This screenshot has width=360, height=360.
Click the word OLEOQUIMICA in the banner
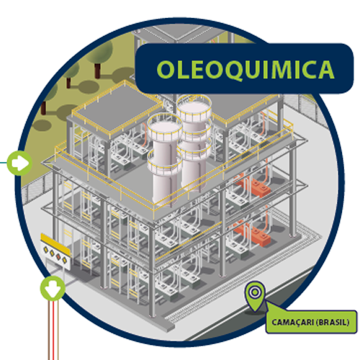tap(246, 69)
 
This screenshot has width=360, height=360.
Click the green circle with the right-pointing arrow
tap(19, 163)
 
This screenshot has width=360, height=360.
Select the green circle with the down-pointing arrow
tap(53, 288)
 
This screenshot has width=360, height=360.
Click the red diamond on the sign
tap(58, 256)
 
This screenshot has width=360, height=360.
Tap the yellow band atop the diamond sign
tap(55, 243)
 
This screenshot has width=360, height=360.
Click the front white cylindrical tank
tap(165, 161)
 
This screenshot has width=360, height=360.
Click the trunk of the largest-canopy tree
tap(97, 71)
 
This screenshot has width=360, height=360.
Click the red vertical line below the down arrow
tap(53, 330)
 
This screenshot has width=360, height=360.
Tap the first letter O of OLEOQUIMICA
tap(166, 70)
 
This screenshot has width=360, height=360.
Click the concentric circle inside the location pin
tap(255, 292)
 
